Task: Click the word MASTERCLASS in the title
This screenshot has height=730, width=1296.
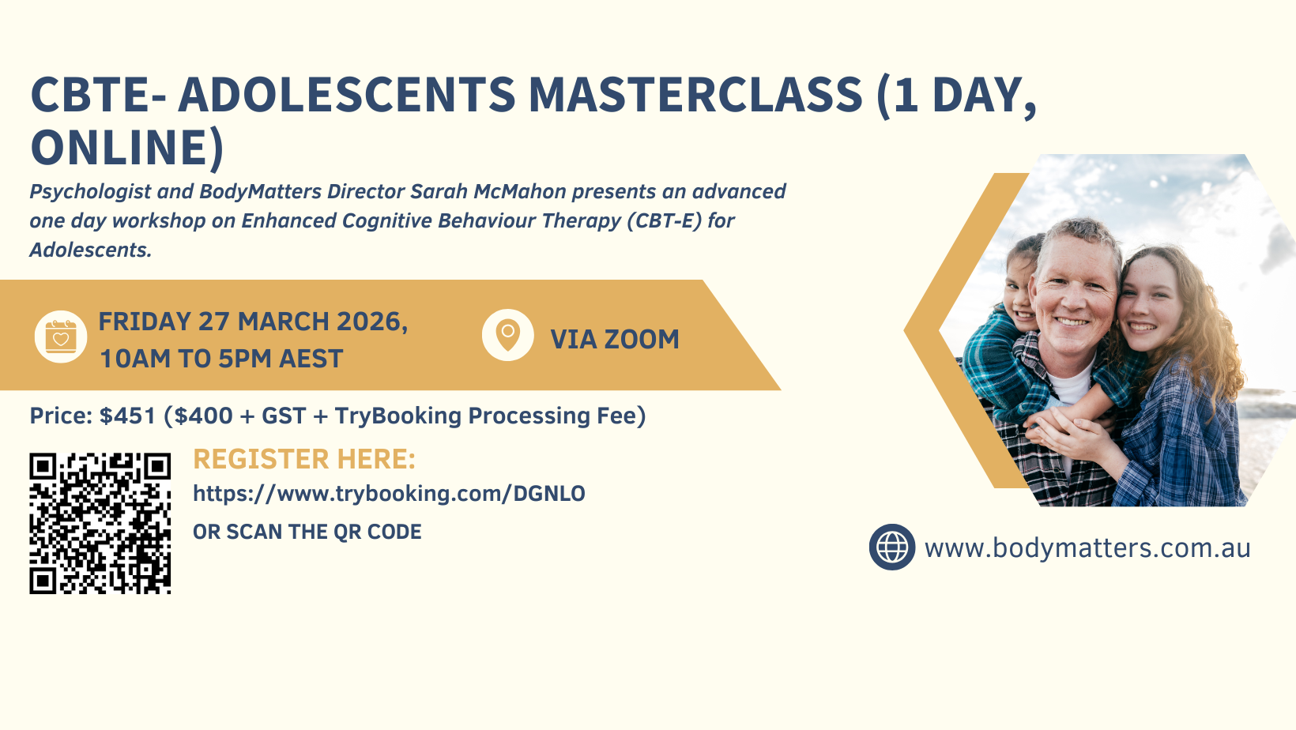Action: click(695, 94)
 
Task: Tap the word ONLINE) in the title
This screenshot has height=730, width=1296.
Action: click(126, 148)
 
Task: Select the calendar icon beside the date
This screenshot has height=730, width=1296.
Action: click(61, 337)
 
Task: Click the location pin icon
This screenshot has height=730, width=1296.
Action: click(508, 335)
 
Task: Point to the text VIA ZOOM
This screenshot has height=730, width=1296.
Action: click(615, 340)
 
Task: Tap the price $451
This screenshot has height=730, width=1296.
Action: click(128, 416)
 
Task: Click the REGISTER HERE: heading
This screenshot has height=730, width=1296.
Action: click(304, 459)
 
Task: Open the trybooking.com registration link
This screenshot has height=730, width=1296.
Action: click(389, 494)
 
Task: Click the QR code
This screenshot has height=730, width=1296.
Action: click(100, 524)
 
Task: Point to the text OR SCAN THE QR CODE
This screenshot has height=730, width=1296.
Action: click(307, 532)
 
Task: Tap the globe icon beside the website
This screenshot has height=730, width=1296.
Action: click(892, 547)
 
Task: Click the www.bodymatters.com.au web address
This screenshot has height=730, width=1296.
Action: click(1087, 547)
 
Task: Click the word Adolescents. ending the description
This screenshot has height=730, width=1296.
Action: click(91, 250)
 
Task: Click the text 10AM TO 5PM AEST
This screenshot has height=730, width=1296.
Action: click(221, 359)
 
